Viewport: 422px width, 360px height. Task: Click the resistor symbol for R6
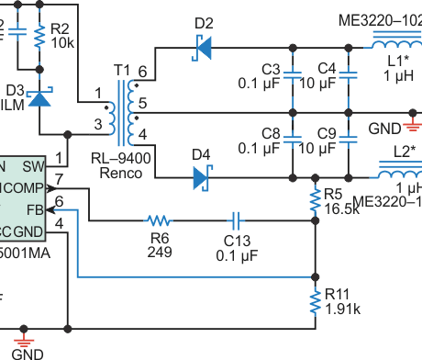click(159, 220)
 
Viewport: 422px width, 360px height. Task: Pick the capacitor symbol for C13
click(236, 220)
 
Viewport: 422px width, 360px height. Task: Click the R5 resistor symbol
click(316, 197)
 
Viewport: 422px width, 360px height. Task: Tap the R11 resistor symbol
click(316, 298)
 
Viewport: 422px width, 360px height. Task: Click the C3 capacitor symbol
click(292, 79)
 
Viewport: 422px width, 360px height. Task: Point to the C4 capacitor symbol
click(349, 79)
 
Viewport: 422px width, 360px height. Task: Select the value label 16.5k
click(340, 208)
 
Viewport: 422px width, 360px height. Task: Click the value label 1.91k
click(342, 309)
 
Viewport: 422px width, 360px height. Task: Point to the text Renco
click(119, 172)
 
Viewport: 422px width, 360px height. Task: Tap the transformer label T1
click(121, 71)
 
